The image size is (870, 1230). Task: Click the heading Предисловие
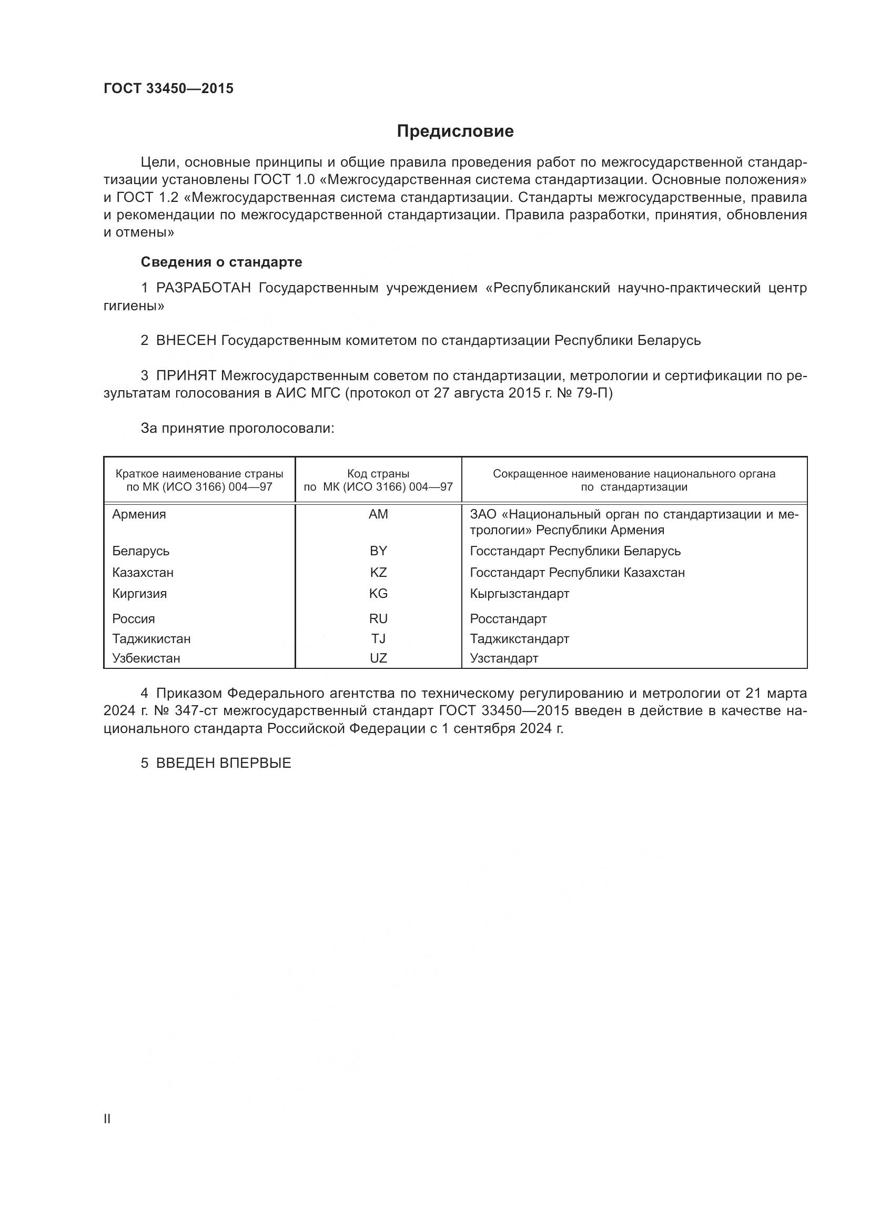455,131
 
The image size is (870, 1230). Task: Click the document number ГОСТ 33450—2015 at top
168,88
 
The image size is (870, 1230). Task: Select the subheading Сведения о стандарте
221,262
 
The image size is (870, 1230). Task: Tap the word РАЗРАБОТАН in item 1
203,288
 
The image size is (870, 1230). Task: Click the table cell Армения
139,514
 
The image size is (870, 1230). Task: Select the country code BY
378,551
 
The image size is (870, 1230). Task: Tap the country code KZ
378,572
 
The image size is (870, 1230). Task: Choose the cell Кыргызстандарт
519,594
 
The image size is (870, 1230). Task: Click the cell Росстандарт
508,619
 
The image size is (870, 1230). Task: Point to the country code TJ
378,638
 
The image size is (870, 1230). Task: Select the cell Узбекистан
146,658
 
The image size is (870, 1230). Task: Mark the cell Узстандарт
503,658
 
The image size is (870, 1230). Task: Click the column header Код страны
378,474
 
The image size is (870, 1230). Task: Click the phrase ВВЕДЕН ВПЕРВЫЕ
224,764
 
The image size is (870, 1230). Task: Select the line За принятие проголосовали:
237,428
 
